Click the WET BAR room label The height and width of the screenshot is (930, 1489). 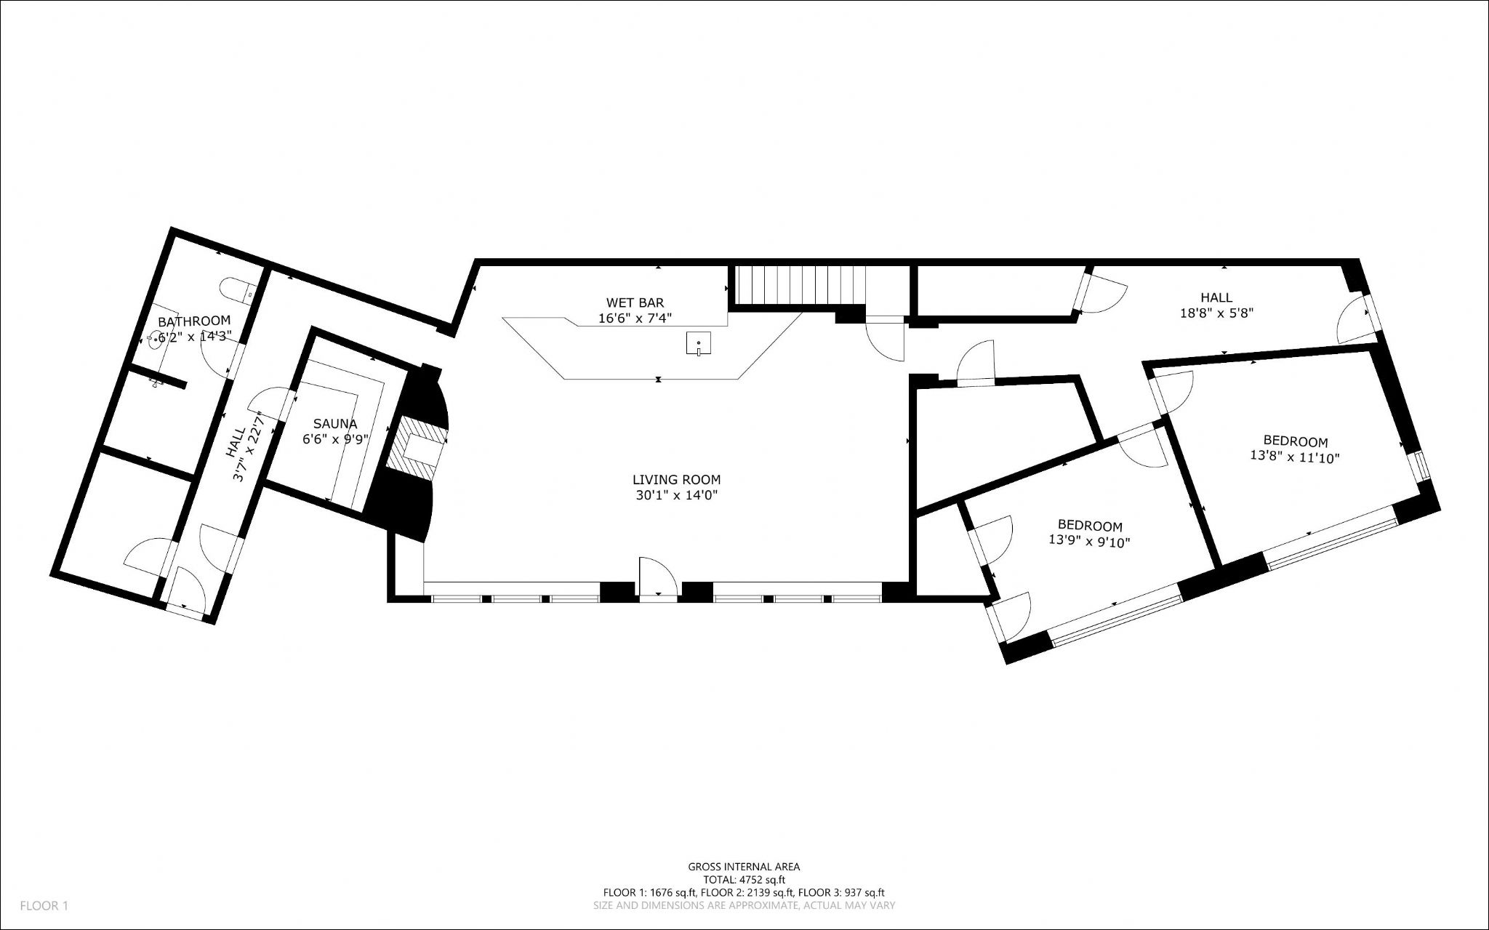pyautogui.click(x=635, y=302)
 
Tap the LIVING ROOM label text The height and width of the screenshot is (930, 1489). pyautogui.click(x=676, y=480)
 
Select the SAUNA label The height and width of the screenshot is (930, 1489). pyautogui.click(x=335, y=424)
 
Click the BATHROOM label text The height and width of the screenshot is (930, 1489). pyautogui.click(x=194, y=321)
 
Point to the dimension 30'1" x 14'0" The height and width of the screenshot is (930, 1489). pyautogui.click(x=676, y=495)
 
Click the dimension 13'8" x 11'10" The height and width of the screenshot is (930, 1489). pyautogui.click(x=1295, y=457)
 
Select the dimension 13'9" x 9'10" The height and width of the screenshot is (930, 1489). pyautogui.click(x=1089, y=541)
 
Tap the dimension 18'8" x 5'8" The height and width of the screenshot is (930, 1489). pyautogui.click(x=1216, y=313)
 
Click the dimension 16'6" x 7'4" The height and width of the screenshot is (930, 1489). pyautogui.click(x=635, y=318)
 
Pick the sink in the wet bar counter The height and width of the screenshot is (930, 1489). pyautogui.click(x=698, y=343)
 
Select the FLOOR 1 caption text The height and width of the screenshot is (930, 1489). pyautogui.click(x=44, y=906)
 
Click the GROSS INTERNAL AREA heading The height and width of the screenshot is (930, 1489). pyautogui.click(x=744, y=867)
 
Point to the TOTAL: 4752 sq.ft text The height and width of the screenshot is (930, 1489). pyautogui.click(x=744, y=880)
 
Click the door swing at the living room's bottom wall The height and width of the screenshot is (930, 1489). pyautogui.click(x=658, y=576)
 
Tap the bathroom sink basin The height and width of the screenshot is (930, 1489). pyautogui.click(x=156, y=339)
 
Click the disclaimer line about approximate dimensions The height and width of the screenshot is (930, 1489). pyautogui.click(x=744, y=906)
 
